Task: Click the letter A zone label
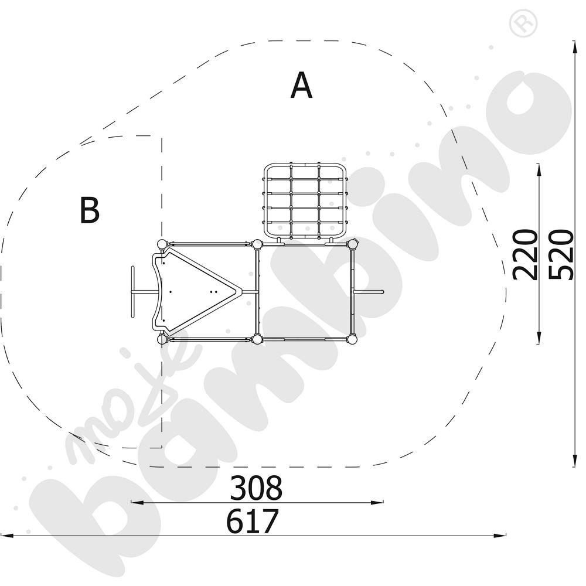point(301,86)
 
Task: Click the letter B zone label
point(89,210)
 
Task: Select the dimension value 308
point(256,488)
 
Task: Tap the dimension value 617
point(253,522)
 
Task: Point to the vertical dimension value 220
point(524,254)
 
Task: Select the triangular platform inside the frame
point(196,291)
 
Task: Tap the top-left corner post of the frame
point(162,244)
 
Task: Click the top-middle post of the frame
point(257,244)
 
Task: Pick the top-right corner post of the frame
point(352,244)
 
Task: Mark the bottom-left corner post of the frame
point(162,339)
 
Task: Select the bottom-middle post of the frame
point(257,339)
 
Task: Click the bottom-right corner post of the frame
point(352,339)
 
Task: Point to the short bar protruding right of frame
point(369,291)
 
